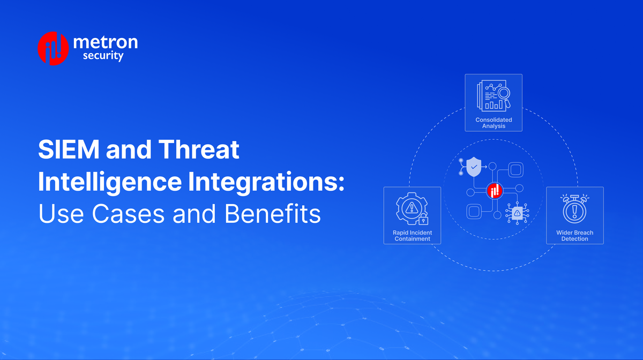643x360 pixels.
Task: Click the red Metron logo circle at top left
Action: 53,48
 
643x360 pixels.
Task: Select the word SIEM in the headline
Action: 67,151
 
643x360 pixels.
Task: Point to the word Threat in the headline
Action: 199,151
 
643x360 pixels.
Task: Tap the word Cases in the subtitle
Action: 128,214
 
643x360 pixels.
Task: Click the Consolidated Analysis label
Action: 494,123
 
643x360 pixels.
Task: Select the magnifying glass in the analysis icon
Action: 503,94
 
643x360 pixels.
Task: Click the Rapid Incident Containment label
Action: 412,236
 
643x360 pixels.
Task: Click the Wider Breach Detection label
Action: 574,236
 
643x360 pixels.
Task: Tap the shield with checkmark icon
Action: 474,167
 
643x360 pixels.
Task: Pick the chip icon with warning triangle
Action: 517,213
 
